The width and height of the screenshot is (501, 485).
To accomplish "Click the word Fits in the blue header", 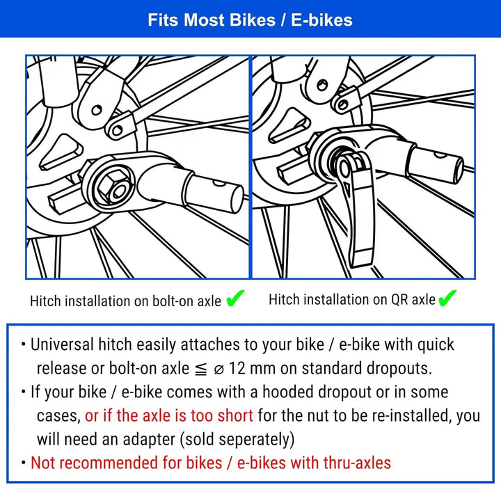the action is [x=164, y=19].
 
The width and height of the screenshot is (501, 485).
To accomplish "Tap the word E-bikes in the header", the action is [x=321, y=19].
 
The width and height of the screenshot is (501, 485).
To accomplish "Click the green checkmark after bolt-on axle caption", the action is [x=235, y=299].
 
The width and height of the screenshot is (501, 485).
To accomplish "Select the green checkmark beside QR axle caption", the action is [x=447, y=298].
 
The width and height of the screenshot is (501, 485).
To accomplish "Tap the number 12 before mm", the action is [x=237, y=368].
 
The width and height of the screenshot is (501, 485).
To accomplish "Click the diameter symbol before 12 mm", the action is [x=219, y=369].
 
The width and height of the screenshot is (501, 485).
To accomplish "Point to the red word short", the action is [x=235, y=415].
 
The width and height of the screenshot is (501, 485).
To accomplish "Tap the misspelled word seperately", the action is [x=237, y=440].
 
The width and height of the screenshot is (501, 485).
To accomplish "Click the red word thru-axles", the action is [x=357, y=463].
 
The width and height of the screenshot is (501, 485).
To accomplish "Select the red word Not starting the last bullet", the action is [x=42, y=463].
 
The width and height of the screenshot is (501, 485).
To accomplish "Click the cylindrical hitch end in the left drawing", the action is [x=214, y=193].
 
